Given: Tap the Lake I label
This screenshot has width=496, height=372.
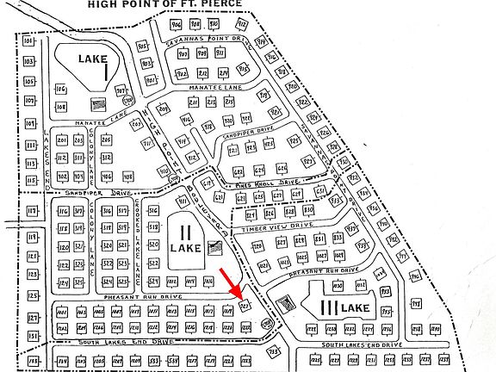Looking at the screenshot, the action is click(89, 60).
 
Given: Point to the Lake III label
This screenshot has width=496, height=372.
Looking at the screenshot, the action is click(340, 307).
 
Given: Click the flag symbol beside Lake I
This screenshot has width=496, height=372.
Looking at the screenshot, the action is click(96, 103).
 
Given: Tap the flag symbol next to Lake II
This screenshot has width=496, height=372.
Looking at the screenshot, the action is click(215, 247).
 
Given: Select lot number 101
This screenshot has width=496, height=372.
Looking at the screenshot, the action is click(28, 41).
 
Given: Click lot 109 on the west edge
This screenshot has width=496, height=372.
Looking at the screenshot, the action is click(28, 101).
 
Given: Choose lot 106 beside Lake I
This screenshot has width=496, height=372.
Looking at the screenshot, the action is click(61, 89).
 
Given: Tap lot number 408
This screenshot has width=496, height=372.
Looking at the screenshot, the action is click(127, 177).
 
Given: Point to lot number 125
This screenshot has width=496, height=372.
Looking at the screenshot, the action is click(33, 297).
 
